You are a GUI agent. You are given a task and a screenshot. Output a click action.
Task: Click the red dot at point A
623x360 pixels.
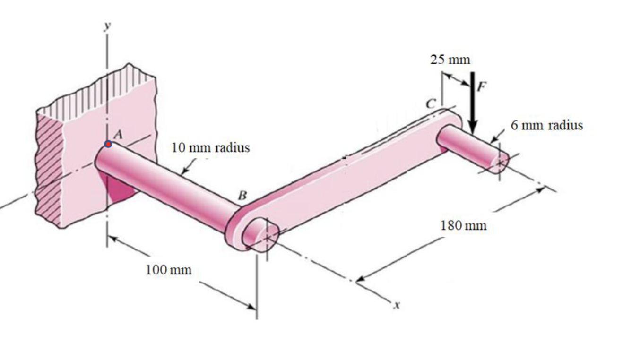pyautogui.click(x=108, y=144)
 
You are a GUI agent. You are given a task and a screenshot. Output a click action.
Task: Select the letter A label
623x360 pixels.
pyautogui.click(x=119, y=135)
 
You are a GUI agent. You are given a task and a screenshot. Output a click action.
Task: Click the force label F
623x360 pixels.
pyautogui.click(x=482, y=86)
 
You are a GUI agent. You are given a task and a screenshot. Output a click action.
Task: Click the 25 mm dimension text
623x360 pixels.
pyautogui.click(x=450, y=60)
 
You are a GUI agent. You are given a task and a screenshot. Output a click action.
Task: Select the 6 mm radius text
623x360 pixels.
pyautogui.click(x=546, y=125)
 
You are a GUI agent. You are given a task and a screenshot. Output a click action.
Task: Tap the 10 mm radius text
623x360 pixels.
pyautogui.click(x=210, y=148)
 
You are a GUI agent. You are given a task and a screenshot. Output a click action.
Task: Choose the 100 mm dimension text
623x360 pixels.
pyautogui.click(x=169, y=270)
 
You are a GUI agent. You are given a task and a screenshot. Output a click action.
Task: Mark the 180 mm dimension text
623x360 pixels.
pyautogui.click(x=463, y=225)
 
